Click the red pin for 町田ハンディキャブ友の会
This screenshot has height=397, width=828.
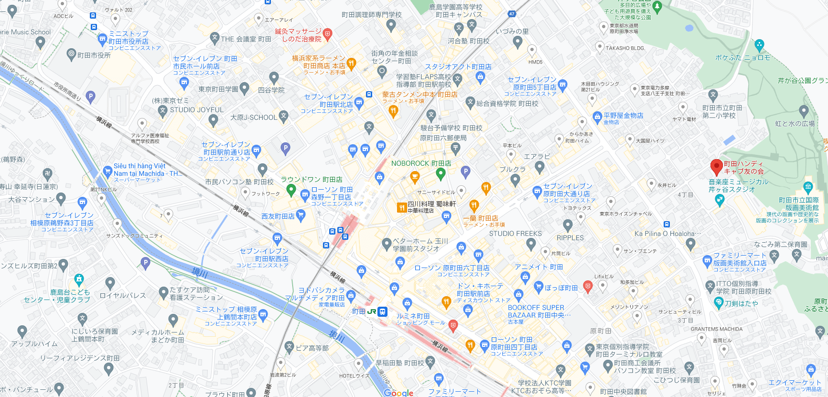coord(716,167)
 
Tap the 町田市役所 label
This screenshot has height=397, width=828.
coord(94,55)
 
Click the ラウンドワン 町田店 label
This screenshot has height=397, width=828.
coord(311,180)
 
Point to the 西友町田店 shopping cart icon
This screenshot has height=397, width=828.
coord(301,215)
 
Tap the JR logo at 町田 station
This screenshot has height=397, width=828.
coord(371,311)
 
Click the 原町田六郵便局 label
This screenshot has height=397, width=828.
coord(443,138)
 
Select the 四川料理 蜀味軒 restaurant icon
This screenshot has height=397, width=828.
coord(401,207)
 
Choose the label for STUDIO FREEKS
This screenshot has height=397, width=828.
coord(515,234)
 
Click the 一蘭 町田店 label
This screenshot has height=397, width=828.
coord(480,218)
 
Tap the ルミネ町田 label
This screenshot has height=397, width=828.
coord(413,316)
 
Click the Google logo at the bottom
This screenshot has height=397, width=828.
coord(398,393)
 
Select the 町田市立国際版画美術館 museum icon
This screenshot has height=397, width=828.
coord(808,186)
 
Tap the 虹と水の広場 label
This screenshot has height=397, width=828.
coord(795,124)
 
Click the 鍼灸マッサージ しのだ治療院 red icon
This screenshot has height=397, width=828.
coord(327,33)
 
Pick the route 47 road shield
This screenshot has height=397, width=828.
coord(512,14)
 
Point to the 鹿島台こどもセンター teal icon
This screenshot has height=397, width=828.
coord(79,279)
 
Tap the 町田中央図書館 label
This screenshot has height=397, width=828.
coord(623,392)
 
